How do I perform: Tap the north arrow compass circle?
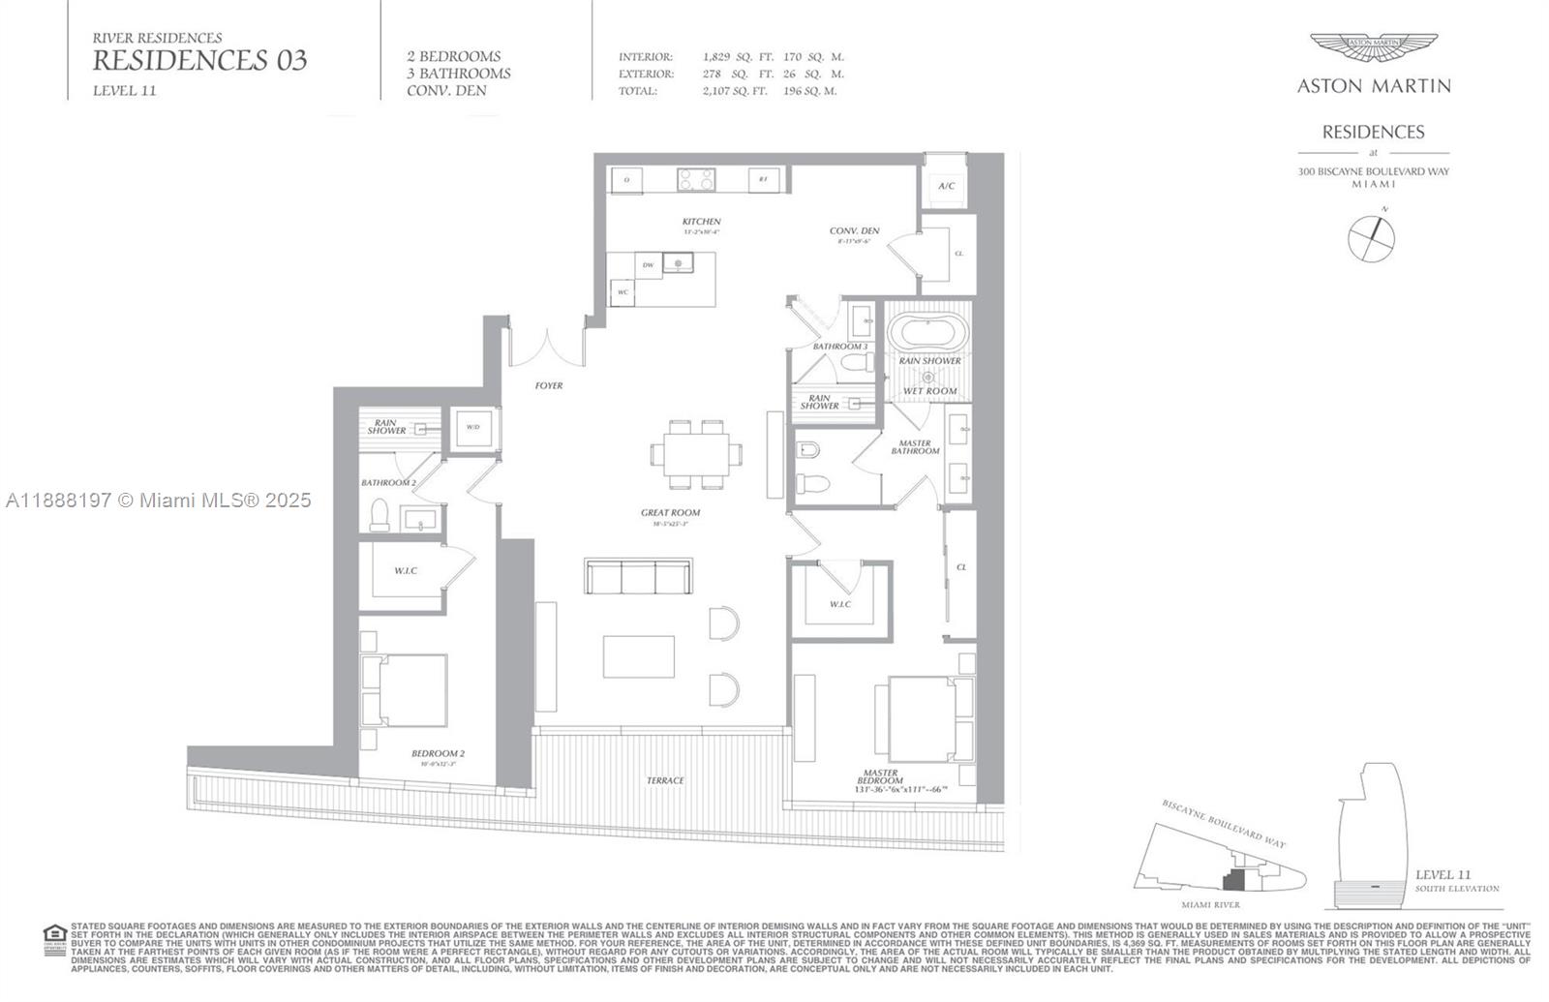[x=1372, y=237]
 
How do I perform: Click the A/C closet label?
[x=946, y=186]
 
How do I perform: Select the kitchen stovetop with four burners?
[x=696, y=179]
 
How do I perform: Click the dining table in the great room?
[x=697, y=453]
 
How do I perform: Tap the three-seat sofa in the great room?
[x=638, y=577]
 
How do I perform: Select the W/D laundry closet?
[x=473, y=428]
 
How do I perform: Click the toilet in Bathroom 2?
[x=380, y=514]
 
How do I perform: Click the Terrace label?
[x=665, y=780]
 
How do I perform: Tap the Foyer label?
[x=549, y=385]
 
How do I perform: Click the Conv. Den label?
[x=854, y=230]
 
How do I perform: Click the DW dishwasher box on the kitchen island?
[x=648, y=264]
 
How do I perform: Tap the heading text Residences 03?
[x=199, y=61]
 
